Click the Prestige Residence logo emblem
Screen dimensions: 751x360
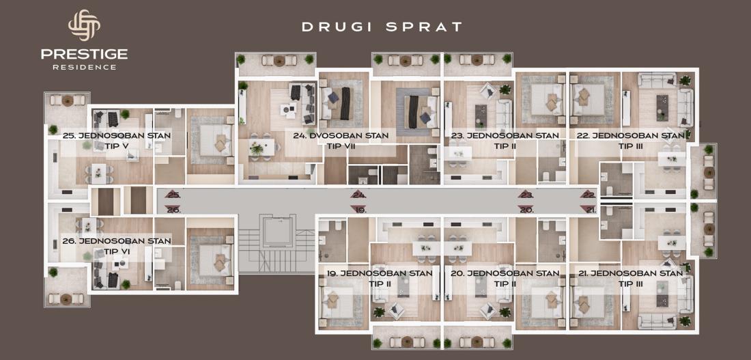pyautogui.click(x=84, y=25)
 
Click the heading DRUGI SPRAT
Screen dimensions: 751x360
pyautogui.click(x=382, y=27)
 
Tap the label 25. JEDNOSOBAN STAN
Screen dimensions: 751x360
pyautogui.click(x=116, y=136)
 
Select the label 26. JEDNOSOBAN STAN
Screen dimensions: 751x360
pyautogui.click(x=116, y=241)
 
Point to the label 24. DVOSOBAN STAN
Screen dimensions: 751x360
pyautogui.click(x=341, y=136)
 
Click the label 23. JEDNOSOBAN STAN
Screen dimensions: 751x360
pyautogui.click(x=505, y=136)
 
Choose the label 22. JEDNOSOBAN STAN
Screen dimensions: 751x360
pyautogui.click(x=630, y=136)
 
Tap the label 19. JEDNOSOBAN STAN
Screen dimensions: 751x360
pyautogui.click(x=380, y=274)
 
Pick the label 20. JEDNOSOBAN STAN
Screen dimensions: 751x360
pyautogui.click(x=505, y=274)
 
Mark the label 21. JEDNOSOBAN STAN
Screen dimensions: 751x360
pyautogui.click(x=630, y=274)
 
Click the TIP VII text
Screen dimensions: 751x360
pyautogui.click(x=341, y=146)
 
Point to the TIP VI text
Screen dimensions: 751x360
pyautogui.click(x=117, y=251)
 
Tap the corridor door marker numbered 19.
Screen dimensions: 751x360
pyautogui.click(x=358, y=210)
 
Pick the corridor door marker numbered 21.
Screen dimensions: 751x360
pyautogui.click(x=588, y=210)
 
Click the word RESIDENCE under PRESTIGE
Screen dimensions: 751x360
pyautogui.click(x=84, y=68)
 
